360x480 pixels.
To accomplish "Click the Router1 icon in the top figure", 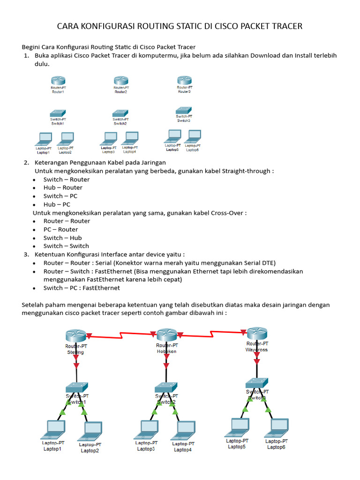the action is (x=58, y=81).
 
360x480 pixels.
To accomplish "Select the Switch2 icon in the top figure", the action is (x=120, y=113).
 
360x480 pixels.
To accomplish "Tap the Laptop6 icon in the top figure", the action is (x=193, y=136).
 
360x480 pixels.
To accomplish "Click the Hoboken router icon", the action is (x=166, y=335).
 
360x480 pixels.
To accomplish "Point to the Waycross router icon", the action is (x=256, y=333).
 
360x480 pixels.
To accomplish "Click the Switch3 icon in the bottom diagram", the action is (x=257, y=382).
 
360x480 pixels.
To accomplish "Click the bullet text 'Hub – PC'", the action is (x=57, y=204).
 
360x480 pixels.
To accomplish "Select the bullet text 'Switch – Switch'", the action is (x=66, y=246).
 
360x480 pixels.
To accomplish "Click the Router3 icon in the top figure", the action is (x=184, y=80).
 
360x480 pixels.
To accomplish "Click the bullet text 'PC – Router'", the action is (x=60, y=229).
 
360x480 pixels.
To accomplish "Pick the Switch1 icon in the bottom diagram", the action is (x=76, y=387).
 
